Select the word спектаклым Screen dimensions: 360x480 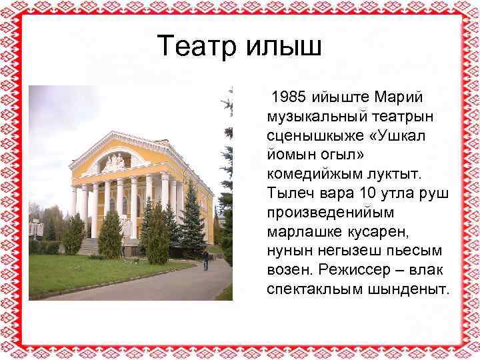pyautogui.click(x=315, y=291)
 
